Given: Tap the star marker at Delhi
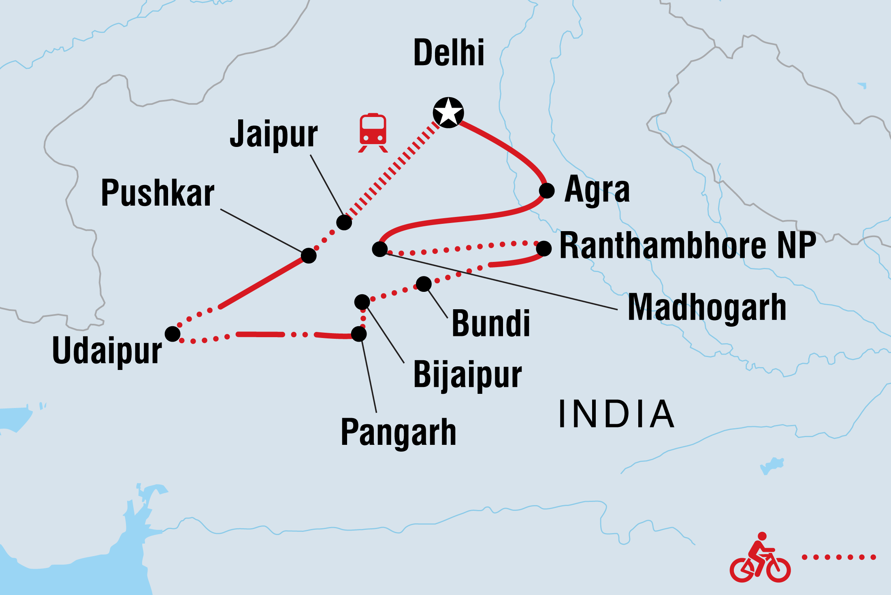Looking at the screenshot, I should [x=448, y=113].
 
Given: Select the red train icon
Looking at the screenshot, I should [x=373, y=132].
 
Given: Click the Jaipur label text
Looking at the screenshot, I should [x=274, y=134].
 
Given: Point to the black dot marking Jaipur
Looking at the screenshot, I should [x=344, y=222].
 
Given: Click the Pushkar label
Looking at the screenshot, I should [x=158, y=193].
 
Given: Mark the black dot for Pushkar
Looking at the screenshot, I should [x=309, y=255].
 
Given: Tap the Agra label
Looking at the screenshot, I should [x=597, y=189].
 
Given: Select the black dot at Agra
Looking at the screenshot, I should [x=547, y=190].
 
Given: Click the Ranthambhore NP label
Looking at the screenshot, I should [x=688, y=246].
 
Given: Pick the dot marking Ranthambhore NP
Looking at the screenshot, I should [x=544, y=249].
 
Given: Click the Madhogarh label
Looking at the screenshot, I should [x=707, y=308].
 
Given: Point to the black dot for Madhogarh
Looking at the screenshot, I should [x=380, y=249].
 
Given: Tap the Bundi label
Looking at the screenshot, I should [x=491, y=323].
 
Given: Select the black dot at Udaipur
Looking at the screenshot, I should [x=173, y=334].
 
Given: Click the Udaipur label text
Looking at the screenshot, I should [x=107, y=351].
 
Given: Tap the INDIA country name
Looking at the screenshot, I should [x=616, y=414].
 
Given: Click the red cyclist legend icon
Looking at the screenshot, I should [x=760, y=558].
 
